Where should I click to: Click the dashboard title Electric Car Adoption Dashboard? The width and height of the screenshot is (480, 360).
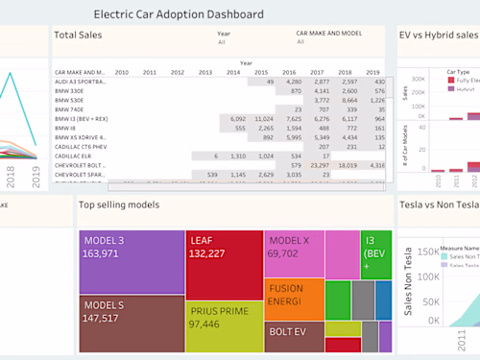point(178,14)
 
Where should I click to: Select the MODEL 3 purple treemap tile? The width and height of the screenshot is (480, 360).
point(131,261)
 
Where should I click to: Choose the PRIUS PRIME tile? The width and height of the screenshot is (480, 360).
point(223,324)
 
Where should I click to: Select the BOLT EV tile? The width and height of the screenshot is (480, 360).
point(293,335)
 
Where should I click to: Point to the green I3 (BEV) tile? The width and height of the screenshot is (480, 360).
point(375,254)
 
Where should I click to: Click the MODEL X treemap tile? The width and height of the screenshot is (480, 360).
point(293,254)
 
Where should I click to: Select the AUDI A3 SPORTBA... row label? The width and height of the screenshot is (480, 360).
point(81,83)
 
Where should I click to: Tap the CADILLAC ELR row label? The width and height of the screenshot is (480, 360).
point(74,156)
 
